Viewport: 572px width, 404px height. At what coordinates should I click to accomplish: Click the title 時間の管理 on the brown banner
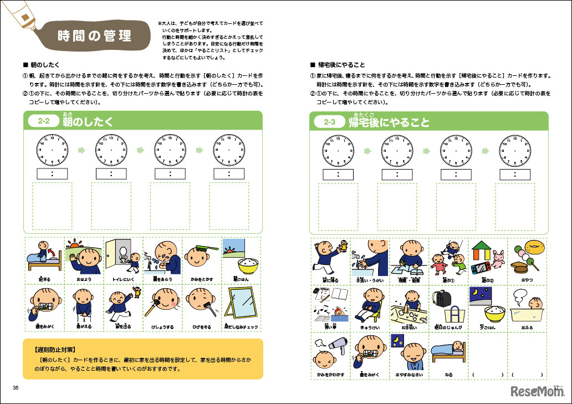(x=95, y=37)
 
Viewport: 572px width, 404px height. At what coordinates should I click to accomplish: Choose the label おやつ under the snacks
(x=527, y=280)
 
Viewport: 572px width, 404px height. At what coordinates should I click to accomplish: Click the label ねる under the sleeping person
(x=448, y=375)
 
